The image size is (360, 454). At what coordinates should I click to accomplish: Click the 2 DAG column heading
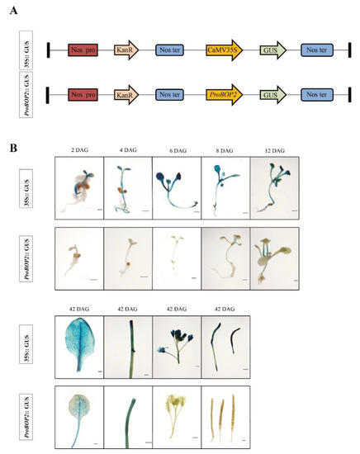pos(78,150)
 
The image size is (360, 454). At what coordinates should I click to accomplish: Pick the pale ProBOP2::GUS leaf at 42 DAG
pos(77,416)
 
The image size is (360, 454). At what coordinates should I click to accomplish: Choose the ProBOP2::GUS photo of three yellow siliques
pos(224,416)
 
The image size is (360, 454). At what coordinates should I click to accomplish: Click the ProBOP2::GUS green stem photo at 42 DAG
pos(127,416)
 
